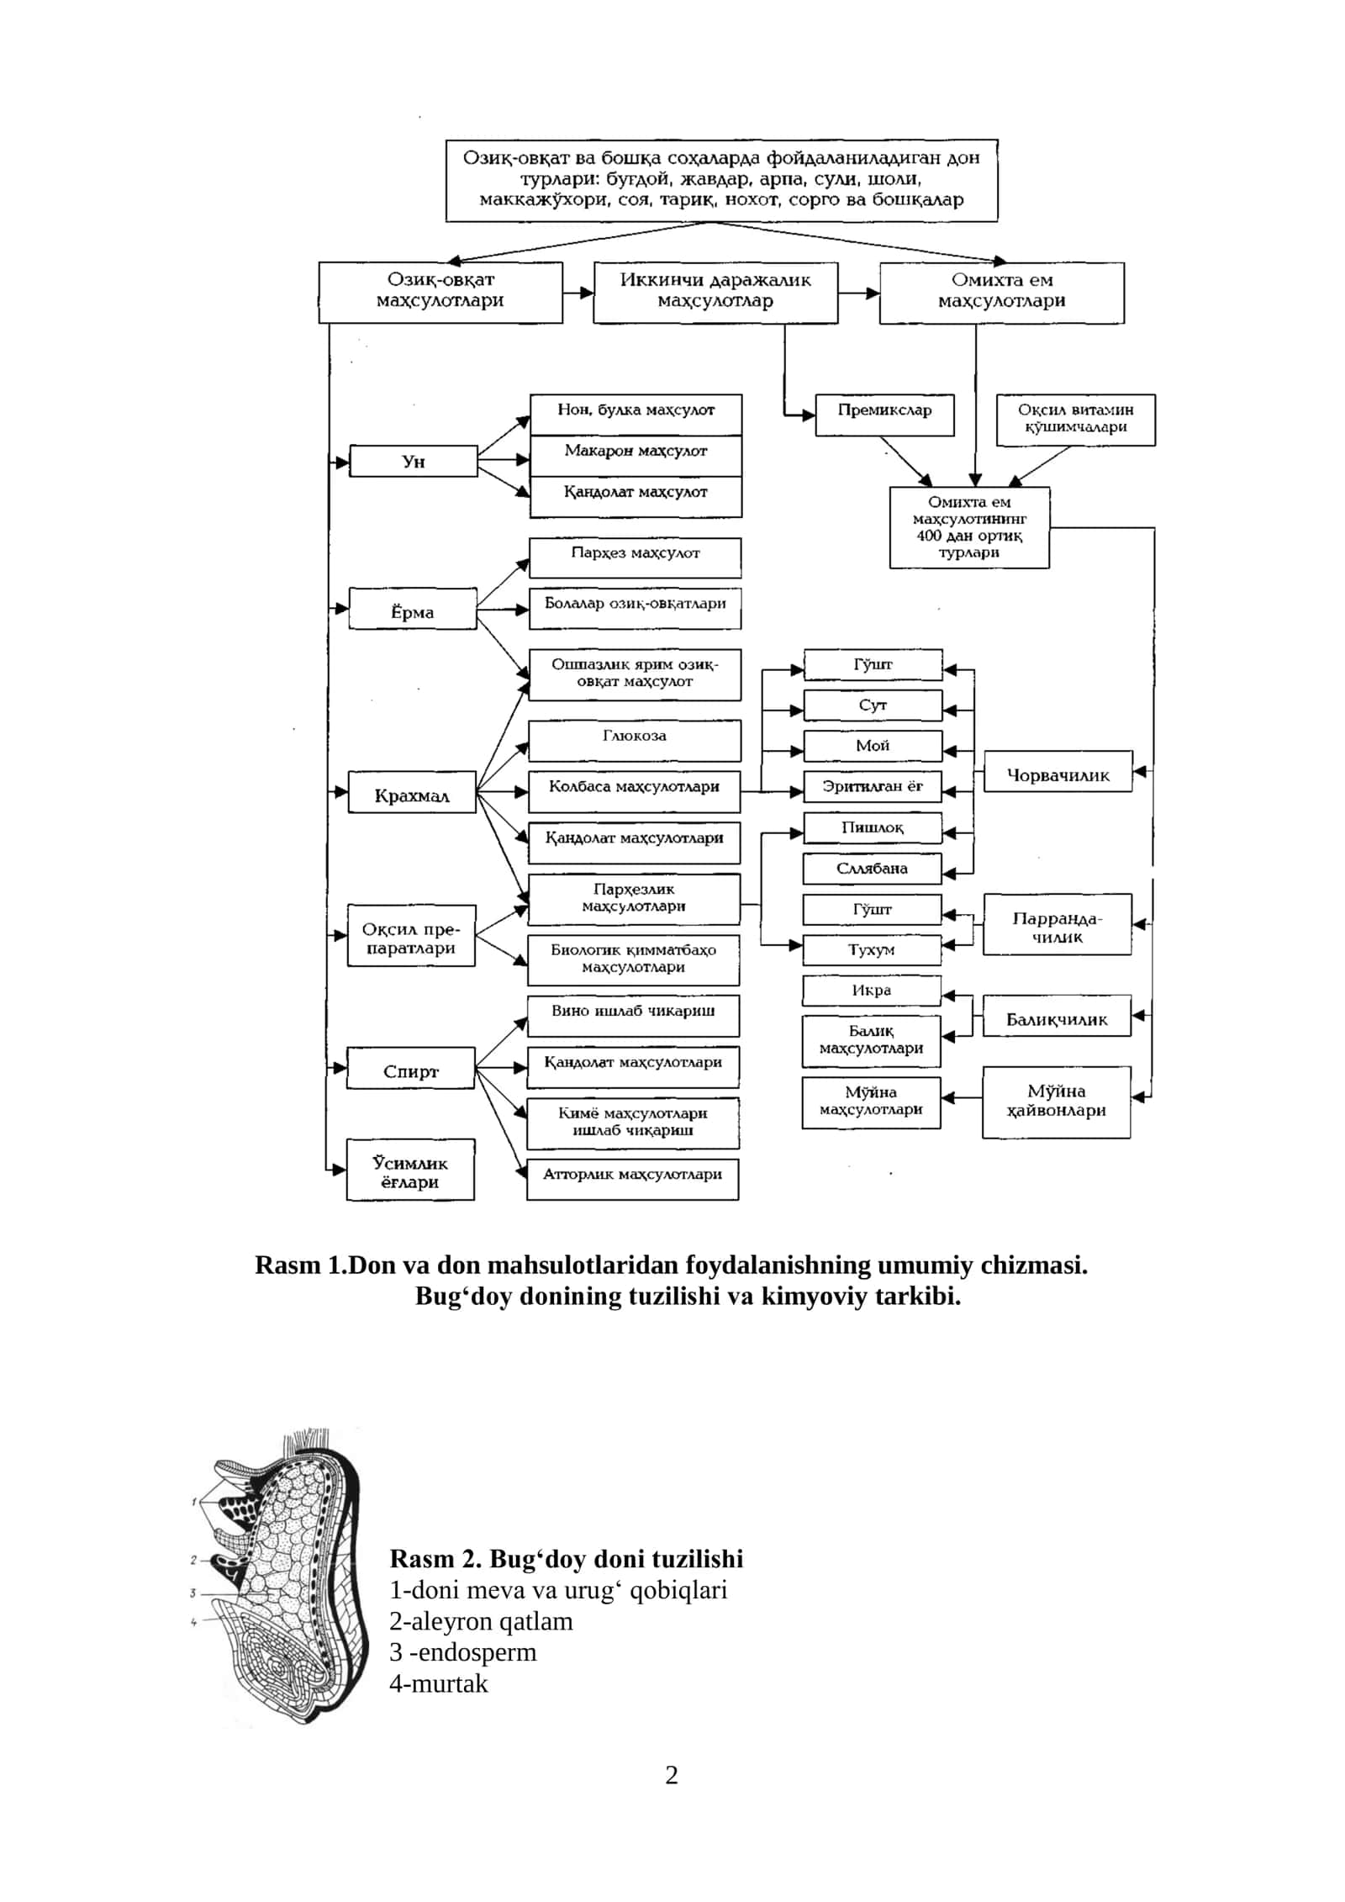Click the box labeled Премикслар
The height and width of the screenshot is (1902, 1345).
coord(884,415)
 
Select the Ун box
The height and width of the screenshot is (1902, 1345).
coord(414,461)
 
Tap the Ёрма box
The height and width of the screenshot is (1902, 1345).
coord(413,609)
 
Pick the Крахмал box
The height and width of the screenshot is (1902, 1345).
coord(412,792)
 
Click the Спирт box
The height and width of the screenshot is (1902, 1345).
coord(411,1068)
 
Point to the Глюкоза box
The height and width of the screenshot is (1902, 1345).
coord(635,740)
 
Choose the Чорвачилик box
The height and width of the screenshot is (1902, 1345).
coord(1058,771)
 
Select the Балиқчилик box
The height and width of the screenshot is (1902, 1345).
coord(1058,1016)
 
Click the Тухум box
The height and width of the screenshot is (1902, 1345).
coord(872,949)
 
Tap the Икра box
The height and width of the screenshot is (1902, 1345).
coord(872,991)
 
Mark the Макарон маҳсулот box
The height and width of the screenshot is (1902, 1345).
coord(636,455)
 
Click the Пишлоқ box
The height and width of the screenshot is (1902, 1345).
coord(873,827)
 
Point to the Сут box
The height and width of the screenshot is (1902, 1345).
coord(873,705)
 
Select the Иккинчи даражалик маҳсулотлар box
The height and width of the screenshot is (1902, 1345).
coord(715,293)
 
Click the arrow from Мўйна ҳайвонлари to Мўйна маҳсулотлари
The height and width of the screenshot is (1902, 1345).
coord(962,1097)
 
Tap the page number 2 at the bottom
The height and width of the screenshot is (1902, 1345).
coord(672,1775)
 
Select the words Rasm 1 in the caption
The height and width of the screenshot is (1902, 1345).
coord(300,1265)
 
